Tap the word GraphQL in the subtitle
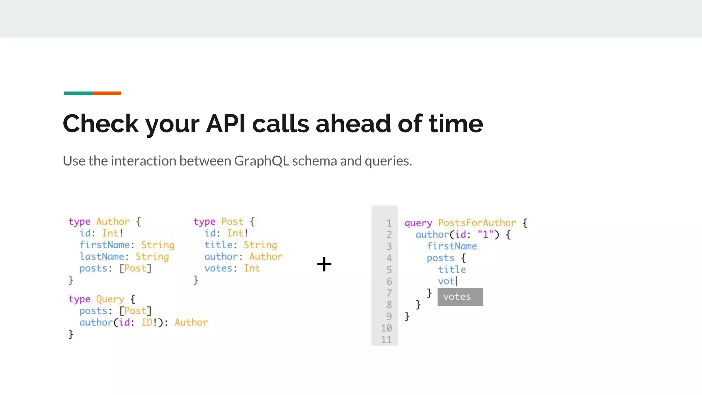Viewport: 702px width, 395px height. (x=262, y=161)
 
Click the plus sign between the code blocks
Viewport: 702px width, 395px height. (x=324, y=264)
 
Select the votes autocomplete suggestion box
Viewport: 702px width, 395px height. (x=460, y=297)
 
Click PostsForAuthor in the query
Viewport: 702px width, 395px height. (x=476, y=223)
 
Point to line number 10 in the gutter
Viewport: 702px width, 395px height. (x=386, y=328)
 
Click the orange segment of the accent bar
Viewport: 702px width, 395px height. (x=107, y=93)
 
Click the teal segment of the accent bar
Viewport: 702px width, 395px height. (x=78, y=93)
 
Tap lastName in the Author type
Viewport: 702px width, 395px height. (x=102, y=256)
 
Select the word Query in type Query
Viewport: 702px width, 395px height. (x=110, y=299)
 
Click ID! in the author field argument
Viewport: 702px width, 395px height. (x=149, y=322)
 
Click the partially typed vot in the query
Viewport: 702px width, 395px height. (x=446, y=281)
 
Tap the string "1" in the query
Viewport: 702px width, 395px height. (x=485, y=235)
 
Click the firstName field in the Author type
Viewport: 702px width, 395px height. (x=105, y=245)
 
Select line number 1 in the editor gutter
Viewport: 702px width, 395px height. (x=389, y=223)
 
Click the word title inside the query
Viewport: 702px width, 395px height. (x=452, y=270)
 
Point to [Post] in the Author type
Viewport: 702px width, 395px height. (x=135, y=268)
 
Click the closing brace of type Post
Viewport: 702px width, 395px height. (x=196, y=280)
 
